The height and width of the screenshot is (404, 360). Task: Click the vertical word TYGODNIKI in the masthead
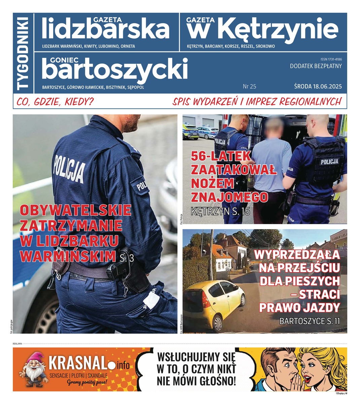pyautogui.click(x=23, y=53)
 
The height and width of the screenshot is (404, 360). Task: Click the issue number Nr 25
pyautogui.click(x=249, y=87)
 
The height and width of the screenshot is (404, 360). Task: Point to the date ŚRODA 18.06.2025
pyautogui.click(x=318, y=87)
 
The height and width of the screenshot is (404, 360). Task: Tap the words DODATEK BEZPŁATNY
pyautogui.click(x=316, y=66)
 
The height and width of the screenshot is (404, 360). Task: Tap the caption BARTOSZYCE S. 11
pyautogui.click(x=309, y=321)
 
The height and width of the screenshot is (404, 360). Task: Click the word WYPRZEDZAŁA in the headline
pyautogui.click(x=297, y=255)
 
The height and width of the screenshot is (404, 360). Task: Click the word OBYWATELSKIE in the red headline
pyautogui.click(x=76, y=210)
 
